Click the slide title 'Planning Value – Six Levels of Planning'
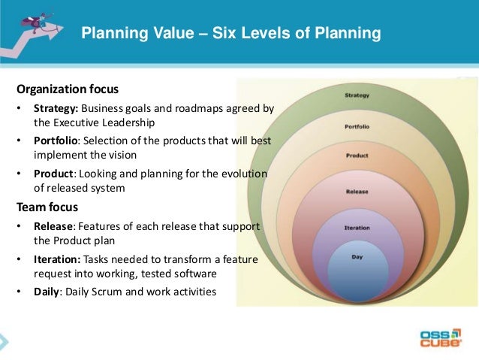pyautogui.click(x=230, y=34)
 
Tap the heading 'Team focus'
pyautogui.click(x=47, y=204)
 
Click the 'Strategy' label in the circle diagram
pyautogui.click(x=357, y=95)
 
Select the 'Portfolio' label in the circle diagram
pyautogui.click(x=357, y=126)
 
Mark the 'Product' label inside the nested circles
pyautogui.click(x=357, y=156)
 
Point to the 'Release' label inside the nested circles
pyautogui.click(x=357, y=192)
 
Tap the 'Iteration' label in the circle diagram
pyautogui.click(x=357, y=226)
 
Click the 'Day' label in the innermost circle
pyautogui.click(x=357, y=257)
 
